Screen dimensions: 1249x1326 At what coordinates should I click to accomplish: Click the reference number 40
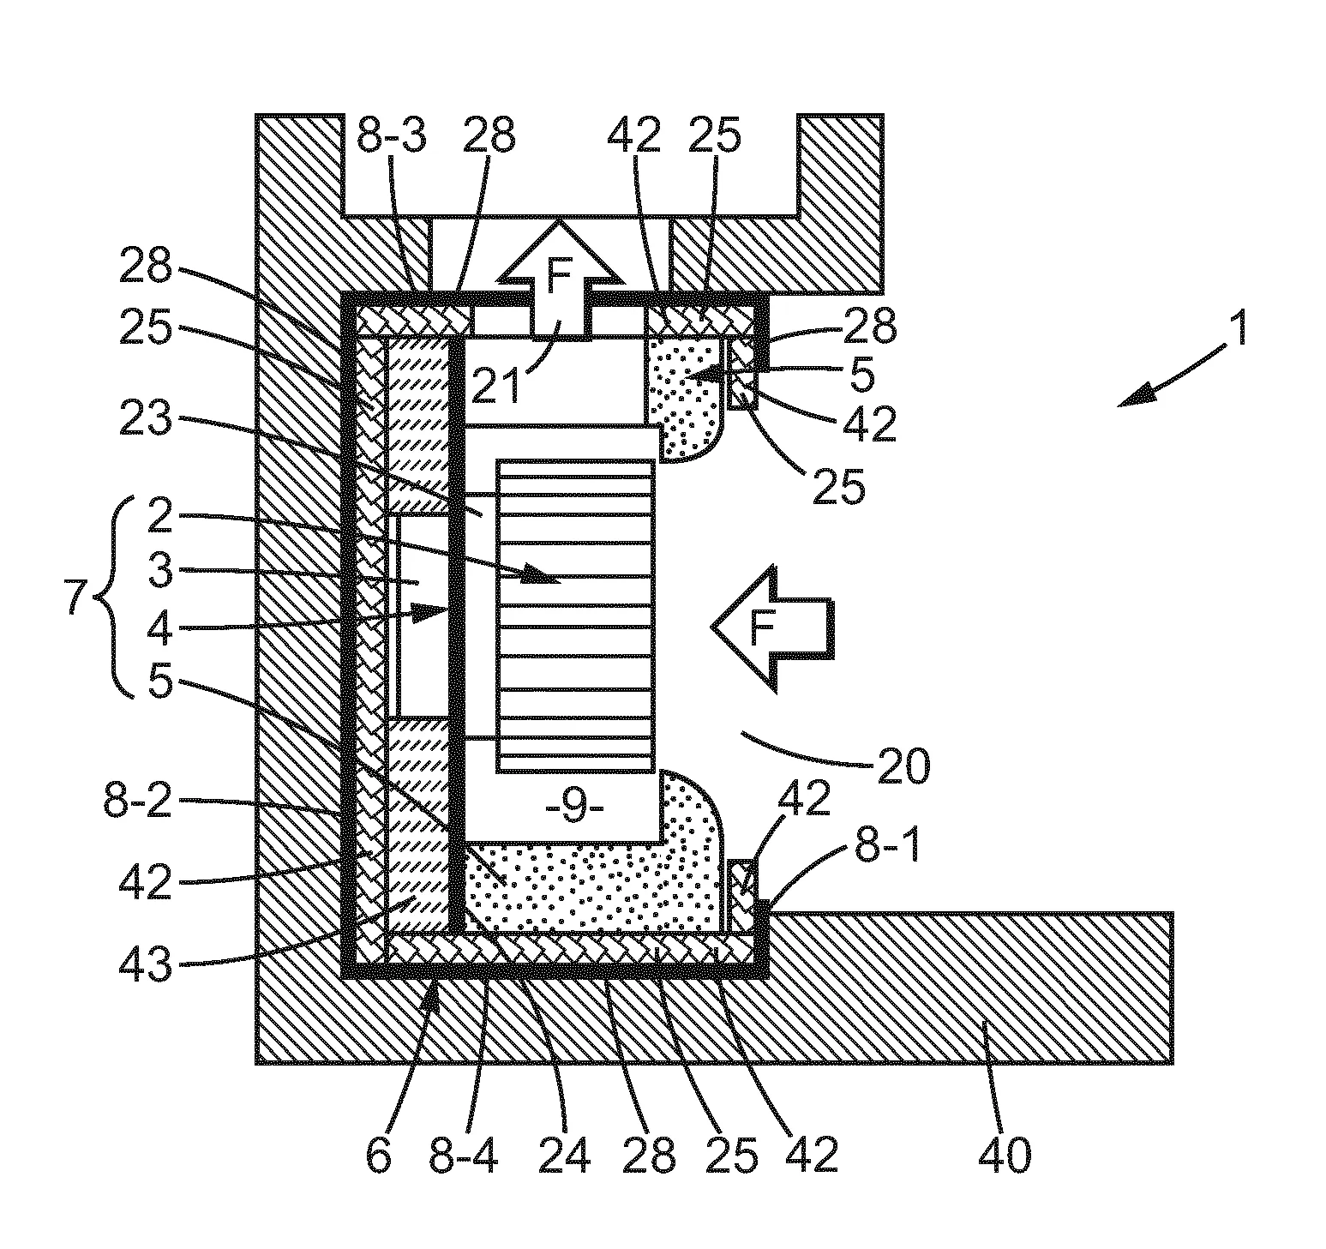1005,1156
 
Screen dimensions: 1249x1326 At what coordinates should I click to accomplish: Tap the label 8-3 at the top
391,135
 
